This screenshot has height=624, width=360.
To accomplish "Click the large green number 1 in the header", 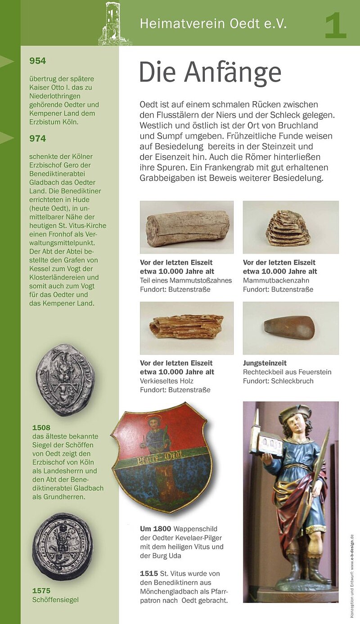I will point(336,26).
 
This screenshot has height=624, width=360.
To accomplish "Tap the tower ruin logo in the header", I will point(114,23).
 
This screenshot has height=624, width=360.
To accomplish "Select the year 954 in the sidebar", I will point(38,61).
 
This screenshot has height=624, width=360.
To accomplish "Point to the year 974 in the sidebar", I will point(38,139).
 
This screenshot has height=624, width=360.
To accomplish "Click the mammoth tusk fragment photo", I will point(187,228).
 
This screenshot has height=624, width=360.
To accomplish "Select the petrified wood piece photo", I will point(186,327).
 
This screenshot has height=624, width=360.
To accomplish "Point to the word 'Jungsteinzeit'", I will point(265,363).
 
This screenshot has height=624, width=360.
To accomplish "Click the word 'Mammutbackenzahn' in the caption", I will point(271,280).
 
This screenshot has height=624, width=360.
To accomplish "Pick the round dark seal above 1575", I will point(63,546).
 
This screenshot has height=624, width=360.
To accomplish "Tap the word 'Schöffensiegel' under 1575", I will point(55,600).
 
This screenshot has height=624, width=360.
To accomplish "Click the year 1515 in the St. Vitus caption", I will point(149,573).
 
